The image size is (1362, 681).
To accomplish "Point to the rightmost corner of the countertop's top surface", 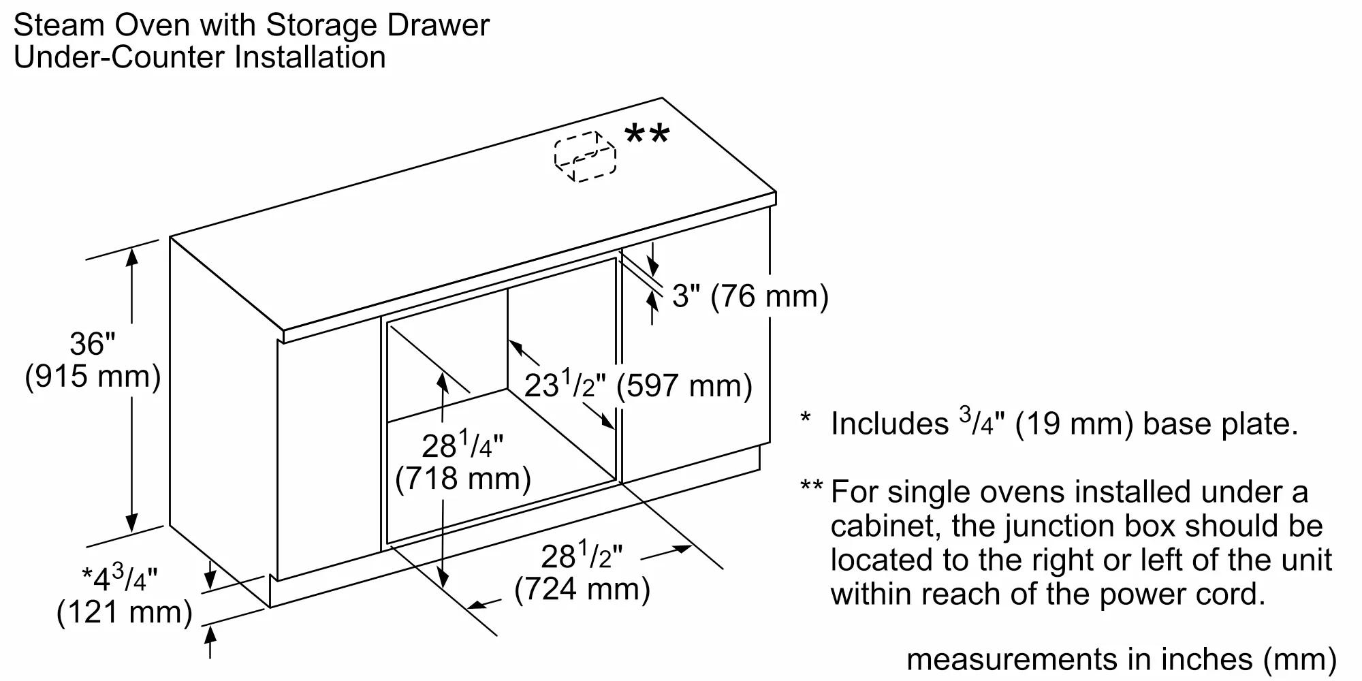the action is pyautogui.click(x=776, y=193).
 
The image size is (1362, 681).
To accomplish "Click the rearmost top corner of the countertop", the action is pyautogui.click(x=662, y=98).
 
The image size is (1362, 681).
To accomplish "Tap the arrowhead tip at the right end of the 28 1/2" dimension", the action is pyautogui.click(x=692, y=546).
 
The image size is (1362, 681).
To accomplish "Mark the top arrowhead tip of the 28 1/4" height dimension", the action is pyautogui.click(x=443, y=373).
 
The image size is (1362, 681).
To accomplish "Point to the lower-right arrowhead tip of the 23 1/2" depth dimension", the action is pyautogui.click(x=614, y=430).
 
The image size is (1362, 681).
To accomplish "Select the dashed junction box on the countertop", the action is pyautogui.click(x=585, y=156).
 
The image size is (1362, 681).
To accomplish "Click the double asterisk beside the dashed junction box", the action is pyautogui.click(x=647, y=134).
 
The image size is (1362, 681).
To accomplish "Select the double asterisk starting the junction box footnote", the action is pyautogui.click(x=812, y=486).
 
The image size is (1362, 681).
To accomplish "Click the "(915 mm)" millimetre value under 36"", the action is pyautogui.click(x=93, y=376).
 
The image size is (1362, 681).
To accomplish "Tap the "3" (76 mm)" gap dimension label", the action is pyautogui.click(x=750, y=296).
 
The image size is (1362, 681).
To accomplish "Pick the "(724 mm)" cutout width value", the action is pyautogui.click(x=582, y=589).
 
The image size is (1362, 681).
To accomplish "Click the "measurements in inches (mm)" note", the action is pyautogui.click(x=1122, y=659).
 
